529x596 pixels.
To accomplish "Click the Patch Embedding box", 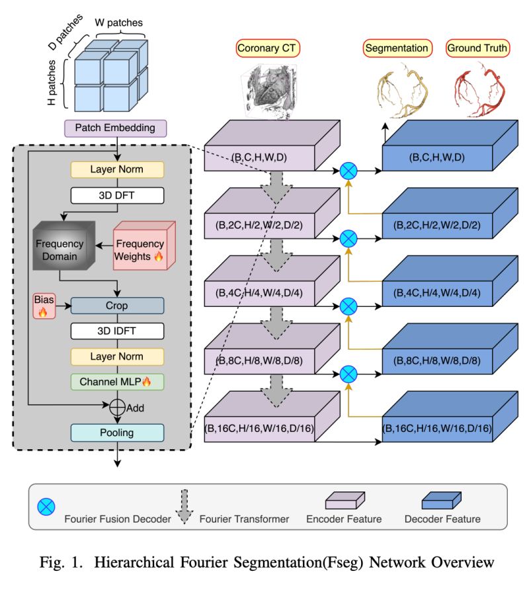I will pyautogui.click(x=116, y=128).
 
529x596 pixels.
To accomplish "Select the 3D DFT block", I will pyautogui.click(x=116, y=195).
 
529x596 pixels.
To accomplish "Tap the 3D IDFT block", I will pyautogui.click(x=116, y=331).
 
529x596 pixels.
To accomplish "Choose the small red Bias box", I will pyautogui.click(x=43, y=306).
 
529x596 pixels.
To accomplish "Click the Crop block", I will pyautogui.click(x=116, y=306).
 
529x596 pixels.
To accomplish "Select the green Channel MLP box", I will pyautogui.click(x=116, y=381).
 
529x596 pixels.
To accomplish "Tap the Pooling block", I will pyautogui.click(x=116, y=433).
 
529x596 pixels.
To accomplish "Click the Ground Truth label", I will pyautogui.click(x=477, y=48).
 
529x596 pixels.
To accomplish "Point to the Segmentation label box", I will pyautogui.click(x=397, y=48).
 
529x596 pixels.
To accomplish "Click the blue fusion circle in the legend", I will pyautogui.click(x=46, y=507).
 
